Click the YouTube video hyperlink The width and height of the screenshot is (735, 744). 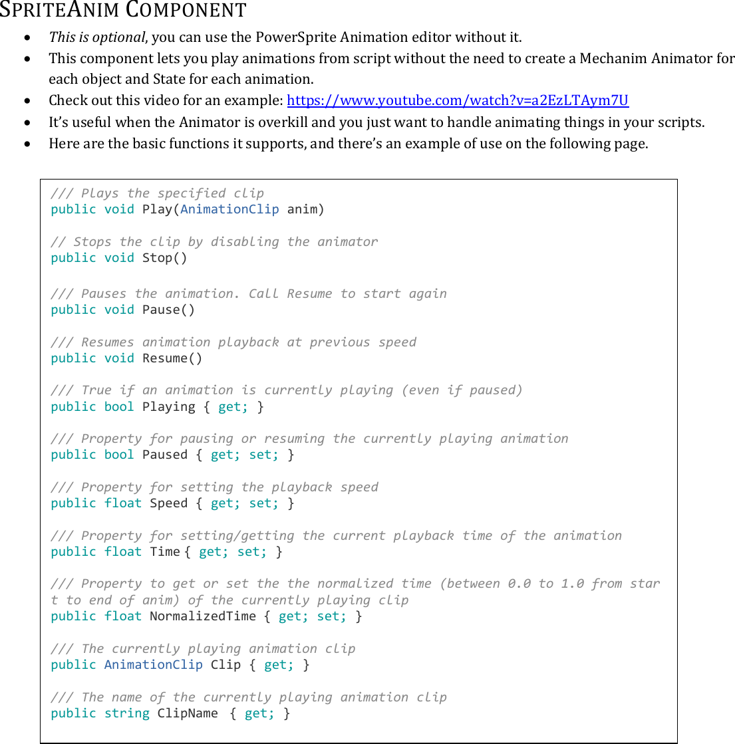click(x=457, y=100)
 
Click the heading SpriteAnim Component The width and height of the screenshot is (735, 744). click(x=123, y=11)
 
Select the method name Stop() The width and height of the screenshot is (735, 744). click(x=165, y=258)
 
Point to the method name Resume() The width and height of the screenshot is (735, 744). click(x=173, y=358)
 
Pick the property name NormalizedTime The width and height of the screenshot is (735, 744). click(x=203, y=616)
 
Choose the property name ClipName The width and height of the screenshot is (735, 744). click(x=188, y=713)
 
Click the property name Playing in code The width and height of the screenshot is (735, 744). click(x=169, y=407)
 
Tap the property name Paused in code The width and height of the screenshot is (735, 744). click(x=165, y=455)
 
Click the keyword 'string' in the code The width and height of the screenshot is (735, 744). click(x=127, y=713)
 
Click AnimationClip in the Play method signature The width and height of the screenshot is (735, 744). click(x=229, y=209)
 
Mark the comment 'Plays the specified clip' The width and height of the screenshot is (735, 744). click(x=172, y=193)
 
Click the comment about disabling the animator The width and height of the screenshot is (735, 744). click(x=225, y=242)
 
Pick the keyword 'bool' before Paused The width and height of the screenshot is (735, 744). click(x=120, y=455)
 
